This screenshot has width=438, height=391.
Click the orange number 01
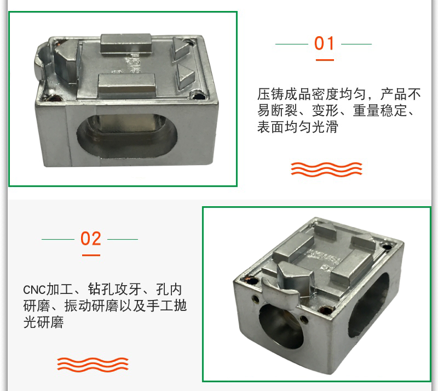click(x=324, y=43)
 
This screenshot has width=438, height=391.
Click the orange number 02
click(x=91, y=239)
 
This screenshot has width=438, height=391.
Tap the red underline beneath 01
click(x=325, y=60)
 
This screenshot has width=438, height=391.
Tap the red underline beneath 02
click(x=91, y=255)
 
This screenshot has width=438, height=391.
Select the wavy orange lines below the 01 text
click(x=326, y=169)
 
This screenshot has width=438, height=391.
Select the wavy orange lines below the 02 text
click(x=93, y=365)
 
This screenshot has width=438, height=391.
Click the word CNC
click(x=34, y=290)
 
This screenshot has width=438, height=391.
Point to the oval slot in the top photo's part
click(x=127, y=137)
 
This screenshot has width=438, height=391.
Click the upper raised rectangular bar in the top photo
click(x=126, y=43)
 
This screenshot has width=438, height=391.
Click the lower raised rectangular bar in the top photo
click(x=127, y=83)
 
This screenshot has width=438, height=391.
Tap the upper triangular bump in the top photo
click(x=182, y=49)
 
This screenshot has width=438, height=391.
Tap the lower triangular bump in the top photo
click(x=185, y=76)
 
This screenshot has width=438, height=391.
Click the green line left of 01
click(x=292, y=44)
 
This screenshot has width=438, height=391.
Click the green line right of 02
click(x=123, y=239)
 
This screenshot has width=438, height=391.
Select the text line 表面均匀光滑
click(x=298, y=127)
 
